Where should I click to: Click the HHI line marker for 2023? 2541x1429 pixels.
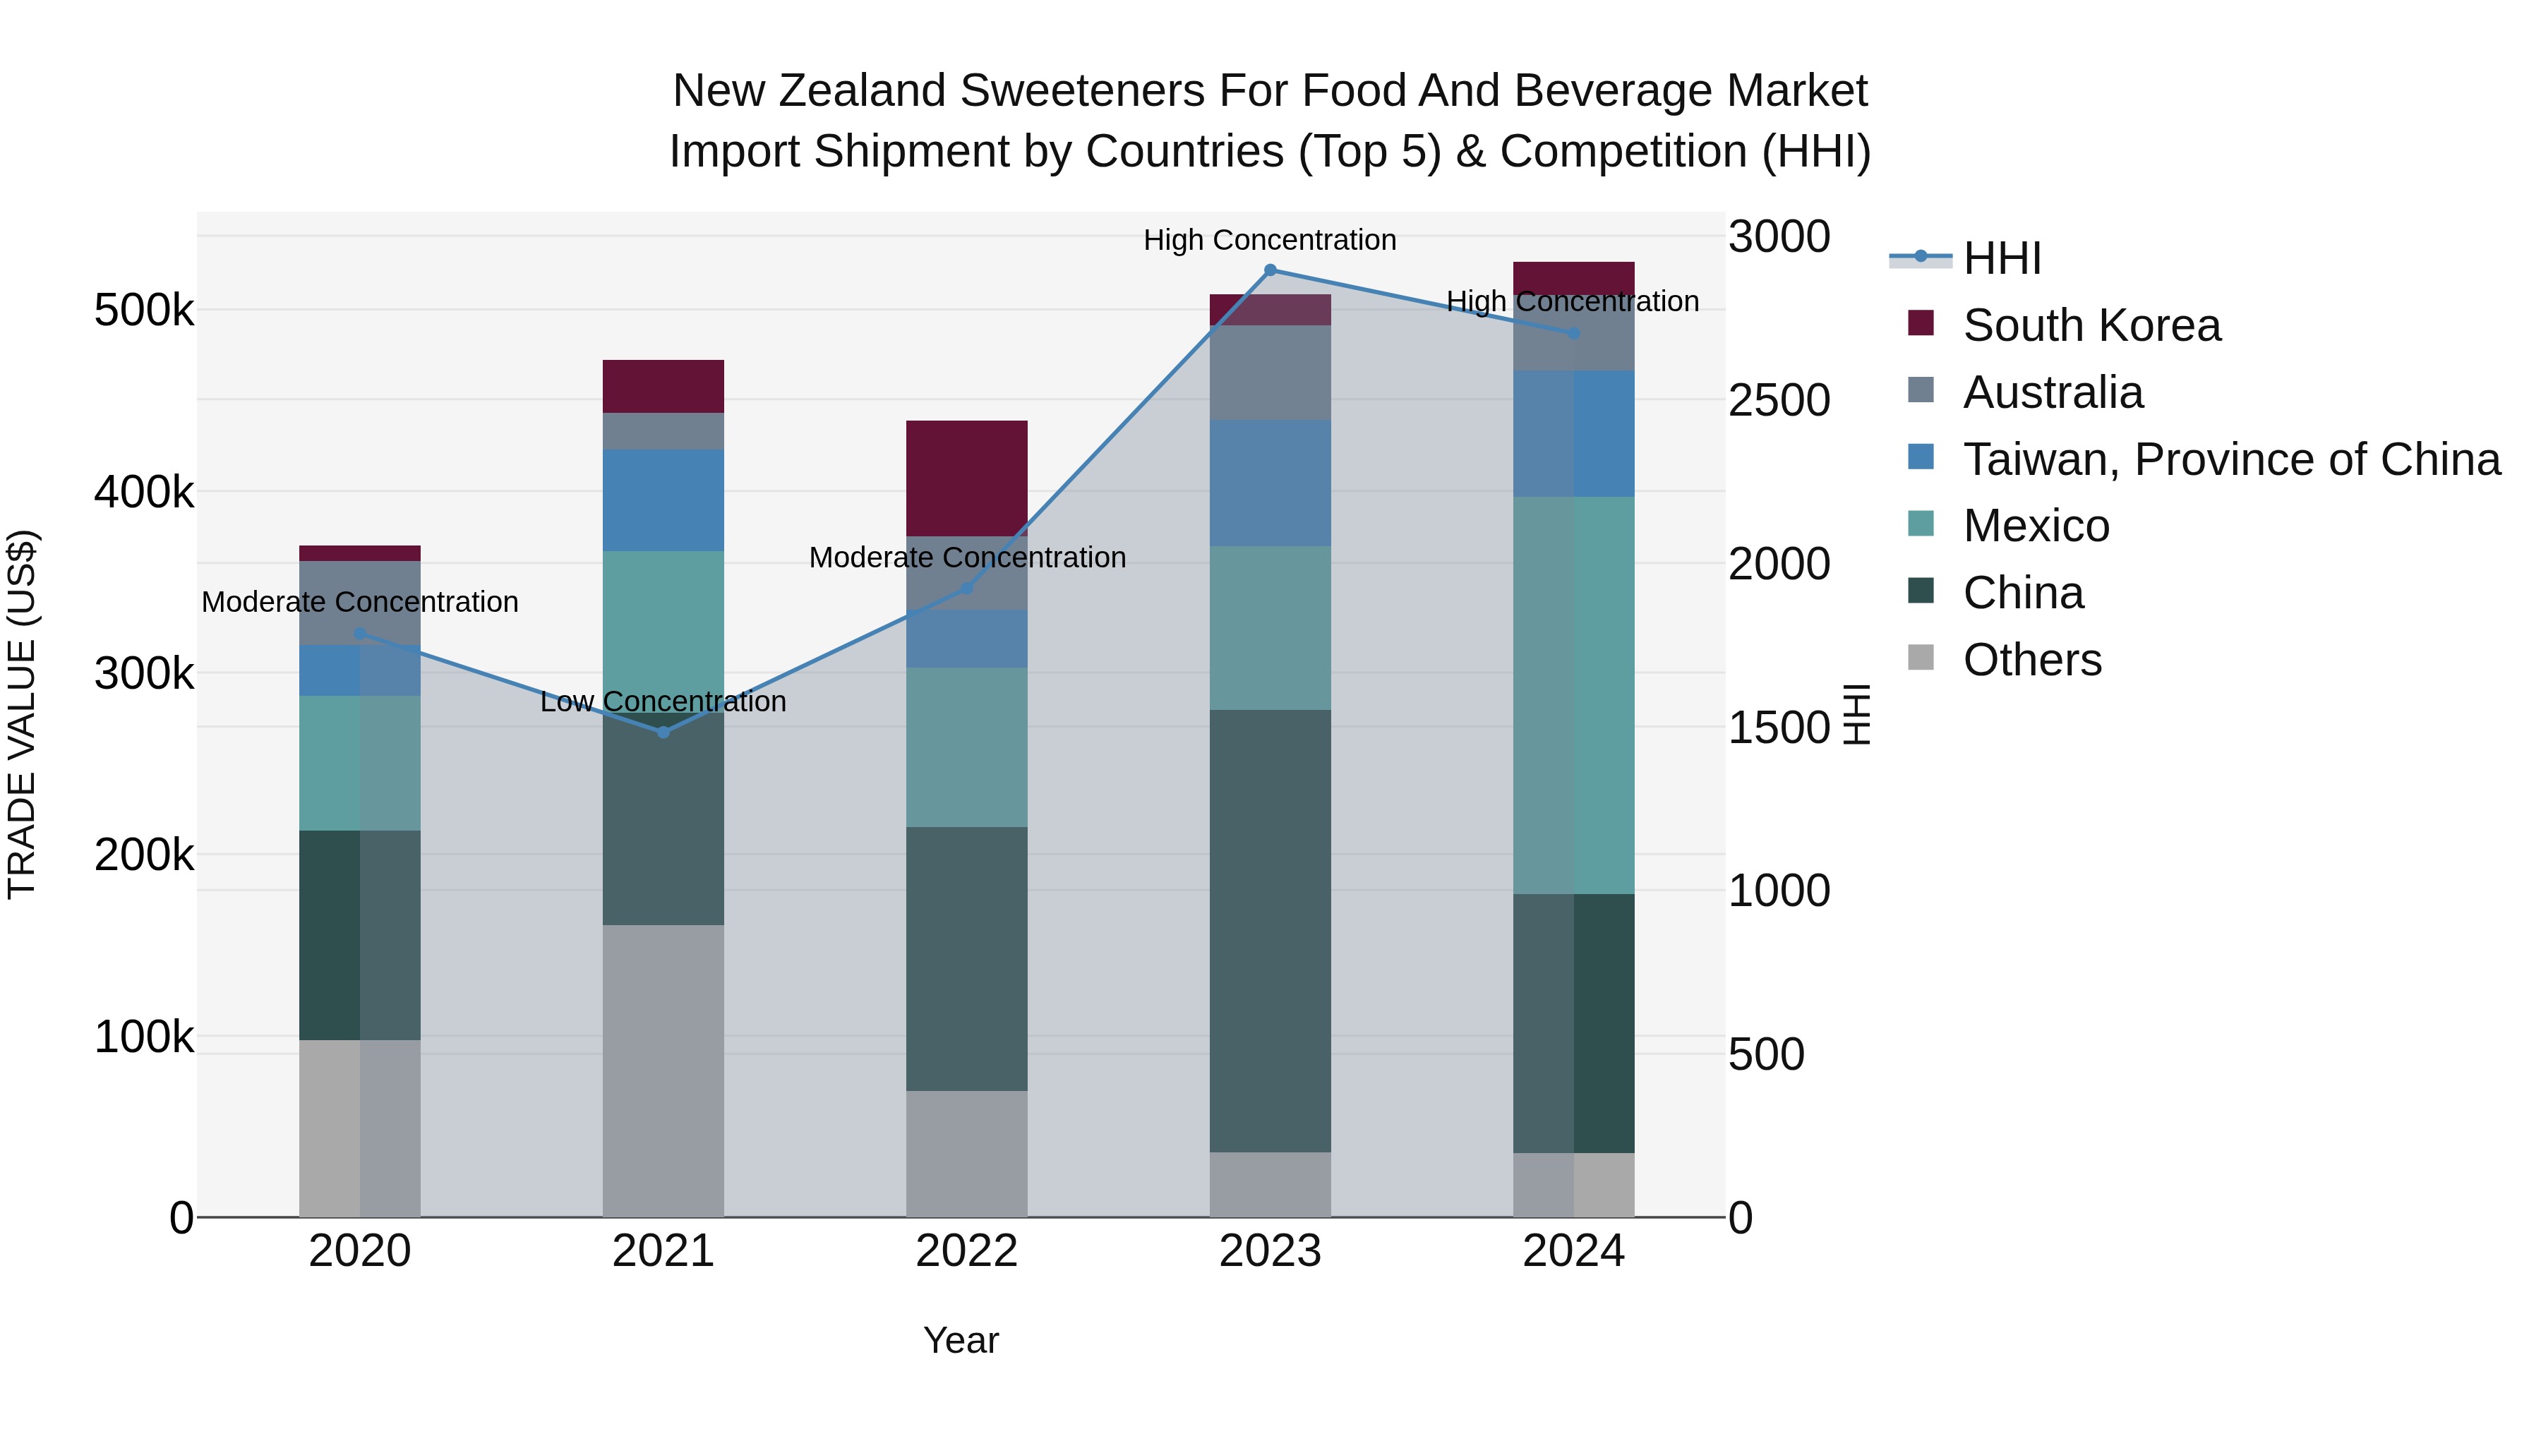1270,270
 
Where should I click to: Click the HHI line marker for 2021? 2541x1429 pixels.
663,732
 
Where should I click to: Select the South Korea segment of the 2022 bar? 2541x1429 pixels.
967,478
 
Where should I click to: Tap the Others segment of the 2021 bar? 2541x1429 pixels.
663,1070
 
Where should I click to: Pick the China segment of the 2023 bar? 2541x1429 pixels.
1270,930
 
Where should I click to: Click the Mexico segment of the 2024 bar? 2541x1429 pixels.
1573,695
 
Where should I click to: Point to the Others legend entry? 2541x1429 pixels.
2032,660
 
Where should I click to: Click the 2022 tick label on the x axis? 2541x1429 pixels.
967,1251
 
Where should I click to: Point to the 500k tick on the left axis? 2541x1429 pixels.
144,310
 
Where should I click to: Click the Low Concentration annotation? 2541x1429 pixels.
663,701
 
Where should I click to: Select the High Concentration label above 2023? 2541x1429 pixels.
1270,240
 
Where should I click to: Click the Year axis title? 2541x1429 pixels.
961,1340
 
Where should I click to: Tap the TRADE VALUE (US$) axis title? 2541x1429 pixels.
22,714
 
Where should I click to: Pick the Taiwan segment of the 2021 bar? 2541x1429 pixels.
663,500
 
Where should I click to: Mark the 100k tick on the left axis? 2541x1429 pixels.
144,1037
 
